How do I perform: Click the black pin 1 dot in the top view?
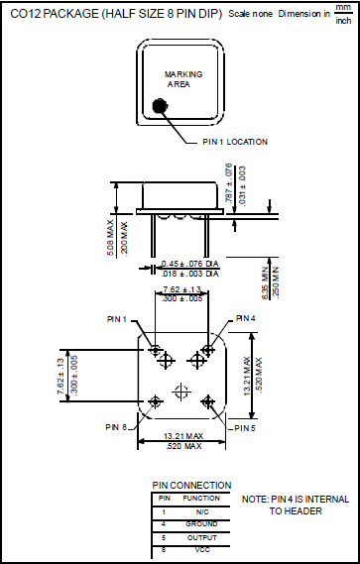(x=160, y=106)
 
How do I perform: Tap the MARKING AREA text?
(x=183, y=79)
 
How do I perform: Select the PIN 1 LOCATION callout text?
(x=235, y=142)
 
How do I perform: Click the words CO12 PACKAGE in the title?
(x=50, y=15)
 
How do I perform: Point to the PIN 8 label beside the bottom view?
(x=117, y=427)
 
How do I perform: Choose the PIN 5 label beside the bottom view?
(x=245, y=428)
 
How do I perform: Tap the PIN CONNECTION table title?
(x=192, y=485)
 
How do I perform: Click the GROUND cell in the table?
(x=201, y=522)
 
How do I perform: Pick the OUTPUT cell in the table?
(x=201, y=535)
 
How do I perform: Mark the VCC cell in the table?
(x=201, y=548)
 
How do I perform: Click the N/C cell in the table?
(x=201, y=510)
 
